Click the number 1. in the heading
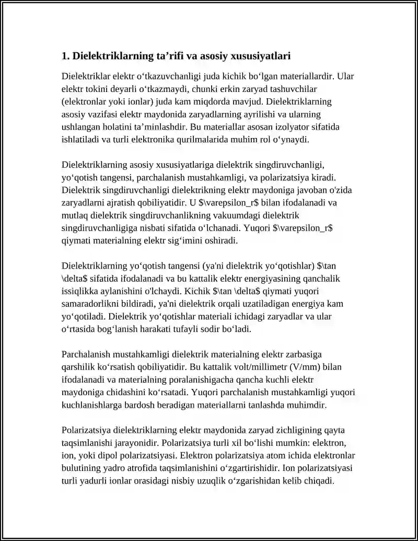click(x=65, y=56)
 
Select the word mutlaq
click(x=74, y=216)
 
